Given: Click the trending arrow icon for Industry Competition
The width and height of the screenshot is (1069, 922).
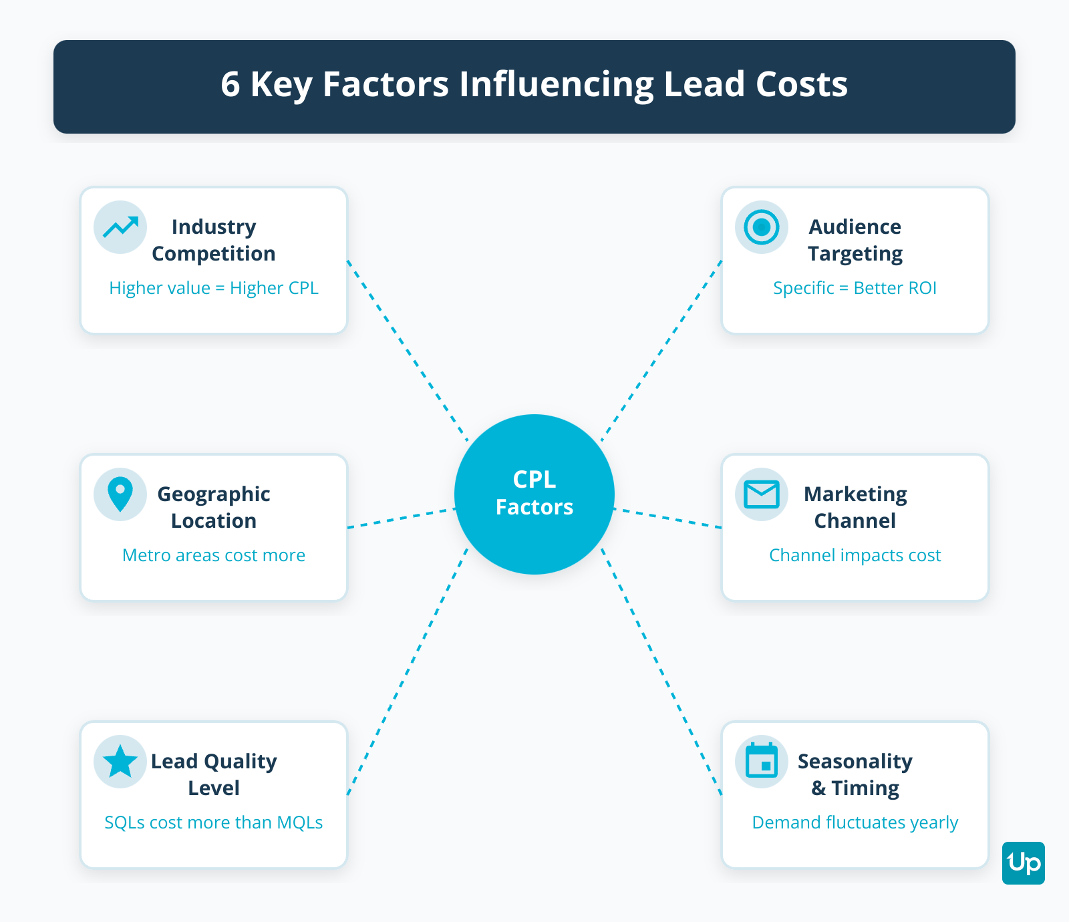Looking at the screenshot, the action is coord(120,227).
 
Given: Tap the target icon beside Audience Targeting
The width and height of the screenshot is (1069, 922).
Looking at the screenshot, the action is coord(762,227).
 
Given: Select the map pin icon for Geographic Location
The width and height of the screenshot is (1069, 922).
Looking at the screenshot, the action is coord(120,494).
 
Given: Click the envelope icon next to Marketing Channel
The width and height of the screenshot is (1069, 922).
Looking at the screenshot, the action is coord(762,494).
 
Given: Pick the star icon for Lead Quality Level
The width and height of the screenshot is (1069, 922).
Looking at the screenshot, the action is coord(120,762).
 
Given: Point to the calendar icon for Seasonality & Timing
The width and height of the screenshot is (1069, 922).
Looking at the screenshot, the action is coord(762,762).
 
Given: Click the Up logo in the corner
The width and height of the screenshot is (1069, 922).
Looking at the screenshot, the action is coord(1023,863).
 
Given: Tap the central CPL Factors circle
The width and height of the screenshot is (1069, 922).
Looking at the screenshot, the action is coord(534,494).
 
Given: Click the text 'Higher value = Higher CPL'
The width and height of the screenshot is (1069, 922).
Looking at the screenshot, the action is coord(214,288).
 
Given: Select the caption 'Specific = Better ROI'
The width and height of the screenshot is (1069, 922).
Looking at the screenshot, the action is coord(855,288).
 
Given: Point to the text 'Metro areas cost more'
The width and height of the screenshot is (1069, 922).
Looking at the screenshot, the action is coord(214,555).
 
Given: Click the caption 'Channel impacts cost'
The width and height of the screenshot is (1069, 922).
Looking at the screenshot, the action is coord(855,555).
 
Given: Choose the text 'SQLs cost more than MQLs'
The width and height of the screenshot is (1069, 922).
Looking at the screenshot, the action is coord(214,822).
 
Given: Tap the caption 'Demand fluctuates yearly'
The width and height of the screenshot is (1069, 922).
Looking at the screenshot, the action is coord(855,822).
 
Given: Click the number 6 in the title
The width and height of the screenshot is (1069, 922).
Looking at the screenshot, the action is coord(231,85).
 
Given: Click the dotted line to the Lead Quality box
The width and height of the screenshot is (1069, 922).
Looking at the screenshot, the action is coord(408,671).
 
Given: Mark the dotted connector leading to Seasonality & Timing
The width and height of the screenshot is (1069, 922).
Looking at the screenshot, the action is coord(661,671).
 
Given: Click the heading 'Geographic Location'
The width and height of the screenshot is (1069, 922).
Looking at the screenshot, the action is coord(214,507).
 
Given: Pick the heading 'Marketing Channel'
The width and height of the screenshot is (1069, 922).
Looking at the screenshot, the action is coord(855,507).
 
